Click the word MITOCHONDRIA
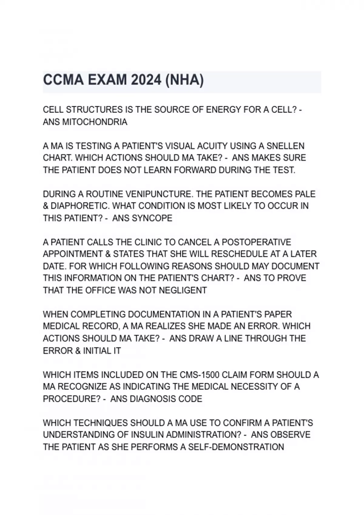(95, 122)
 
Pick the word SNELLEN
(285, 146)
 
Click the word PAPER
(278, 314)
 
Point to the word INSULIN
(147, 435)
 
